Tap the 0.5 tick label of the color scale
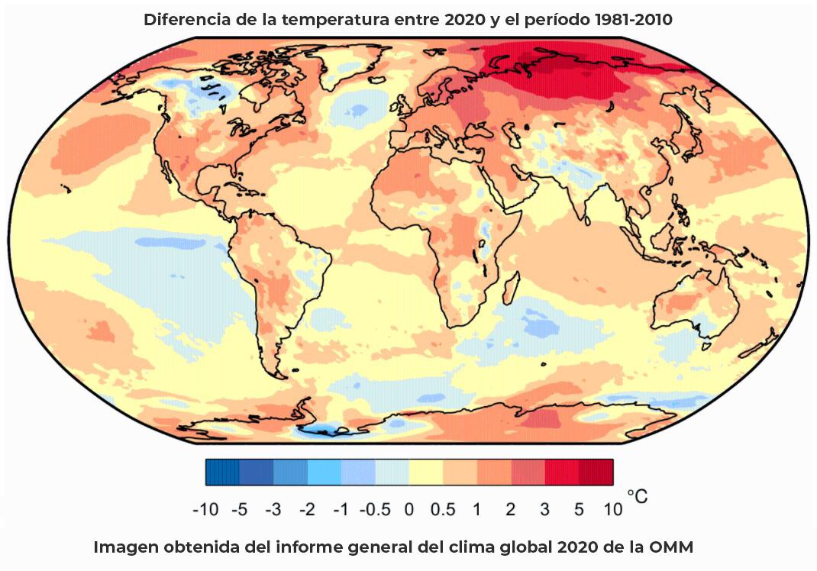click(x=442, y=510)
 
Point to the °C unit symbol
click(x=637, y=497)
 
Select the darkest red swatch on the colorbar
click(x=596, y=472)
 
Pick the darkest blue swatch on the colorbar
click(x=222, y=472)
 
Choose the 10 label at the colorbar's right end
click(x=612, y=510)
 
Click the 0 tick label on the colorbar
click(x=408, y=510)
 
